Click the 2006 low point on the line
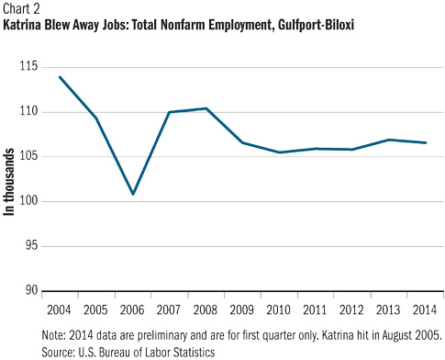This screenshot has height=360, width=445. (133, 194)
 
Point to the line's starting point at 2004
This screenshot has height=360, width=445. (60, 77)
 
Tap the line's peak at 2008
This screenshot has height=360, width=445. (206, 108)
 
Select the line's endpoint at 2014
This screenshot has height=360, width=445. (426, 142)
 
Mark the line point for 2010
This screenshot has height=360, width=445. (280, 152)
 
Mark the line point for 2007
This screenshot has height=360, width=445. (170, 112)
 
